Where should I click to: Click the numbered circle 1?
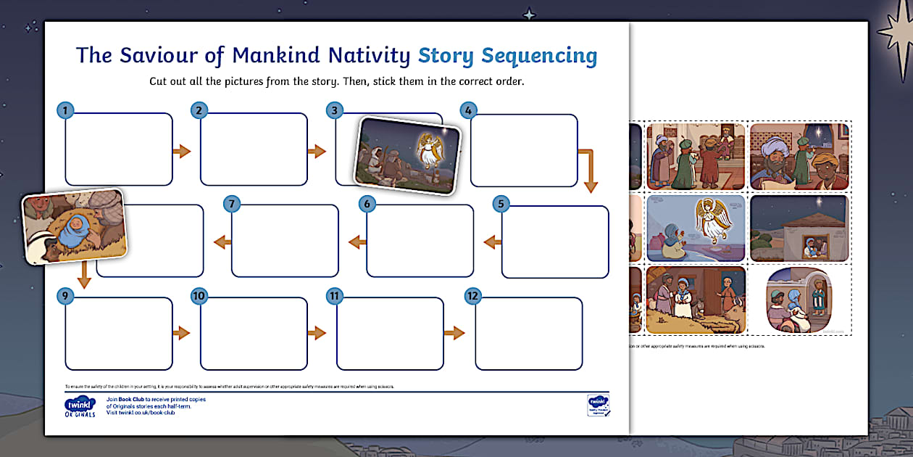coord(65,110)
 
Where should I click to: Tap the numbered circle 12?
coord(472,296)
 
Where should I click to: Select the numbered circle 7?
coord(232,204)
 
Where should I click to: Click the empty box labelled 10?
coord(254,334)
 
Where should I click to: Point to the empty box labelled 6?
coord(420,241)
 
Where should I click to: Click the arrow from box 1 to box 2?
coord(181,151)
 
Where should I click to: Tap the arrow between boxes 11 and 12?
coord(454,333)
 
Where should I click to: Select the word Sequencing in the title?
coord(539,56)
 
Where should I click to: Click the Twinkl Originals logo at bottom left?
coord(79,407)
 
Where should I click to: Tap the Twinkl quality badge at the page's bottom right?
coord(598,405)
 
